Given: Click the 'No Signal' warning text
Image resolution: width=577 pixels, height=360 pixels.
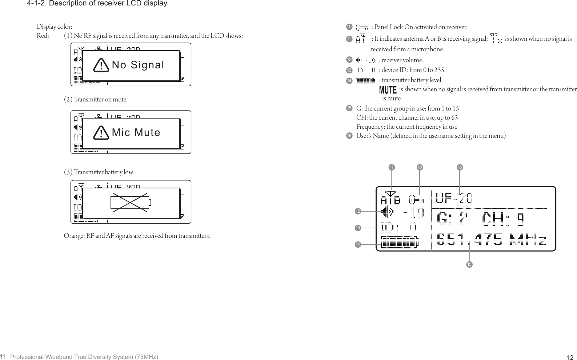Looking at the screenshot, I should coord(138,65).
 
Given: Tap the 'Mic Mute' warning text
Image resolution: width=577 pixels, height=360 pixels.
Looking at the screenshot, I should coord(136,133).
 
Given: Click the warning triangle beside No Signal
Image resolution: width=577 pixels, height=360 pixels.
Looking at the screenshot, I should coord(101,65).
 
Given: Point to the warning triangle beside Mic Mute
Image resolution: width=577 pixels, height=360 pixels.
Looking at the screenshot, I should coord(101,133).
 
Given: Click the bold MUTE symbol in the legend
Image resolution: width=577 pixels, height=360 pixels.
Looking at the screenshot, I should coord(388,90).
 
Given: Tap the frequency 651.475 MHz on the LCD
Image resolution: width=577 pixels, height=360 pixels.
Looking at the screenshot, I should coord(491,240).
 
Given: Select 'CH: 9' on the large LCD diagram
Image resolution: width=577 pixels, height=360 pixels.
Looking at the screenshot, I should coord(503,219).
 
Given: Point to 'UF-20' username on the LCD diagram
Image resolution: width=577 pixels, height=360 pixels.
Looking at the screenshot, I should coord(454,199).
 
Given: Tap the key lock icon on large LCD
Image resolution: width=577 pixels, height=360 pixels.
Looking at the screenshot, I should coord(416,200).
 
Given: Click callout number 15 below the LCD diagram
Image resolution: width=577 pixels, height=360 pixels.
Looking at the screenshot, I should coord(469,264).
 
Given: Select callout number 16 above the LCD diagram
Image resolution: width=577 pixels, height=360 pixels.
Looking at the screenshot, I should coord(460,167).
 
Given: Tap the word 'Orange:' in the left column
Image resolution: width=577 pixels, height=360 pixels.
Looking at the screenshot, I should coord(74,236).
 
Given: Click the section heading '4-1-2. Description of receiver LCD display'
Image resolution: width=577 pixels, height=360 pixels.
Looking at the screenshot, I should coord(97,4).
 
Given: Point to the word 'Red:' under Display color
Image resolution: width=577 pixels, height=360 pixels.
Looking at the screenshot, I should coord(43,36).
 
